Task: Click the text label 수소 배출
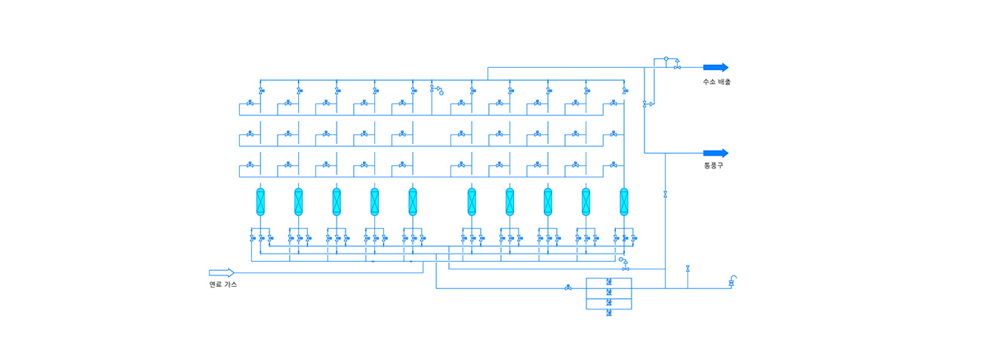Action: (x=716, y=82)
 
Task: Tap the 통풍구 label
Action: (x=713, y=165)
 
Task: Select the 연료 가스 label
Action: (x=223, y=284)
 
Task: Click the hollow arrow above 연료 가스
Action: (x=222, y=272)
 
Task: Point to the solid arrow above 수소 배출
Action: (x=715, y=67)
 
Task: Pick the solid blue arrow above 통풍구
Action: (x=715, y=153)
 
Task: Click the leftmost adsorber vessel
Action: (x=260, y=202)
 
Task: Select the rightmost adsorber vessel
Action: (x=624, y=202)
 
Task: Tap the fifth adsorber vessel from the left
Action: (x=413, y=202)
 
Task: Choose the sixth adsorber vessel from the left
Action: (x=472, y=202)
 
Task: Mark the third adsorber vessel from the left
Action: (x=337, y=202)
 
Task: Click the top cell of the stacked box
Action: (x=608, y=283)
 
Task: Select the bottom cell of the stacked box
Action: (x=608, y=312)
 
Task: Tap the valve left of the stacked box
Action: (x=567, y=288)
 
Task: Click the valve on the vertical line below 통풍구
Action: (x=665, y=195)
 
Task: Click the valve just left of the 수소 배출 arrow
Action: (x=678, y=68)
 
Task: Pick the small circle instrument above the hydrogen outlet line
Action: (x=666, y=57)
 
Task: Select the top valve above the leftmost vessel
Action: (x=260, y=91)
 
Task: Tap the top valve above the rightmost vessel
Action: (x=624, y=91)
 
